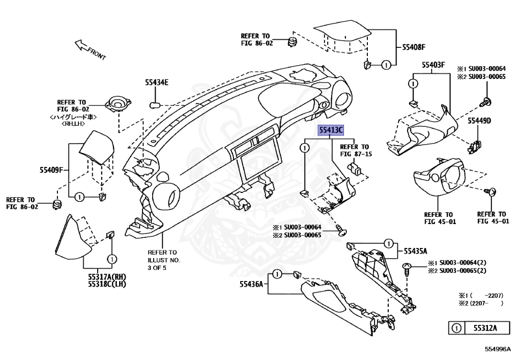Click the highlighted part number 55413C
pyautogui.click(x=331, y=130)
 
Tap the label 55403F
pyautogui.click(x=433, y=65)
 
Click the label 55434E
pyautogui.click(x=156, y=82)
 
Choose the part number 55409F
pyautogui.click(x=51, y=170)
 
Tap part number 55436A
pyautogui.click(x=253, y=285)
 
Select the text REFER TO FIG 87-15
pyautogui.click(x=358, y=150)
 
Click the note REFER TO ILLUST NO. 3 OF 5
pyautogui.click(x=164, y=260)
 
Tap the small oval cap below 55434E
pyautogui.click(x=156, y=105)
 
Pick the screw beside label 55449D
pyautogui.click(x=485, y=101)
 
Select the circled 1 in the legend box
pyautogui.click(x=457, y=328)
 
